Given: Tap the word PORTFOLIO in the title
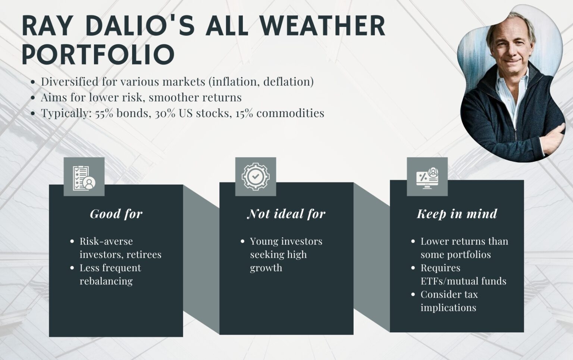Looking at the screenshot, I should pos(98,54).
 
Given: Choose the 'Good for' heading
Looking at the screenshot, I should pos(116,214).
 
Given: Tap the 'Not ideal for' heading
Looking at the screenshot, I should pos(286,214).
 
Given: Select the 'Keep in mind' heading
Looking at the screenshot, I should pos(457,214).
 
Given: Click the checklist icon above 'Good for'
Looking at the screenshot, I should pos(84,177).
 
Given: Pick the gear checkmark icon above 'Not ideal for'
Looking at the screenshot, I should pos(256,176).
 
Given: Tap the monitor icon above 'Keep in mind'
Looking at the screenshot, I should pos(427,176).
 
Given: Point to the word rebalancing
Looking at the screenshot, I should pos(106,281).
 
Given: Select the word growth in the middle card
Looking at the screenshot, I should pos(266,268).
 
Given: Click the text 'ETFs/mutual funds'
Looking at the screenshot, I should pos(463,281).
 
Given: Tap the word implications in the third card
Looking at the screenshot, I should pos(448,307).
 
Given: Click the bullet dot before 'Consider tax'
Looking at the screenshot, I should pos(413,294).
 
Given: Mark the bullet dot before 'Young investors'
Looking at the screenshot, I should pos(242,241).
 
